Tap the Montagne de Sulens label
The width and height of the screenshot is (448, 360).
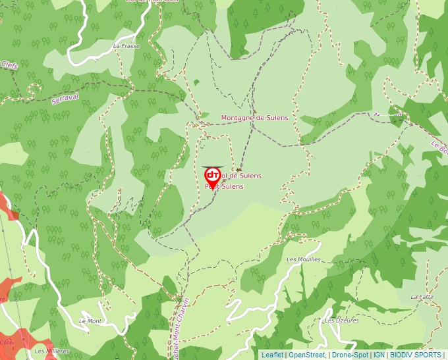(254, 117)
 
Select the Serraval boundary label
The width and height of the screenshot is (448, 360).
(65, 97)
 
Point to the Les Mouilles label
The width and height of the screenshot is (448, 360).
(304, 259)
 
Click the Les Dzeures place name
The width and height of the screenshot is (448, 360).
(342, 321)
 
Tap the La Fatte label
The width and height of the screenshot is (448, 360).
(422, 297)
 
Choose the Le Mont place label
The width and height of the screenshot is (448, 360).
(90, 321)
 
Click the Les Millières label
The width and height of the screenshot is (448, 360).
(52, 351)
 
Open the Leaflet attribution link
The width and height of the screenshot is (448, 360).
(272, 355)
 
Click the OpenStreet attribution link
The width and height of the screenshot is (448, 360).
(306, 355)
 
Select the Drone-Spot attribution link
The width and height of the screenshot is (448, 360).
(350, 355)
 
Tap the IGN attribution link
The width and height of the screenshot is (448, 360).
(379, 355)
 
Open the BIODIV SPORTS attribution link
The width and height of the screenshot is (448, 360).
(416, 355)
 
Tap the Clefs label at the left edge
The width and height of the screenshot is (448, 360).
(9, 65)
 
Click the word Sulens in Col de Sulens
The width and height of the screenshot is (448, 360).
(249, 176)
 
